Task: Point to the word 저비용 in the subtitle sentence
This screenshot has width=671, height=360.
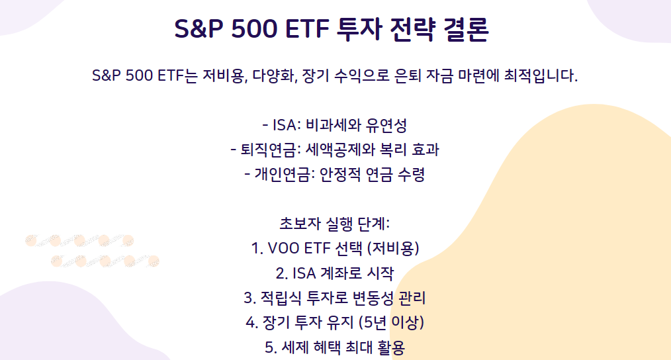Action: point(220,75)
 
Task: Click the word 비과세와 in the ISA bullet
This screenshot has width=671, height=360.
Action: point(336,125)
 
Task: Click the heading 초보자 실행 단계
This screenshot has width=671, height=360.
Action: point(335,224)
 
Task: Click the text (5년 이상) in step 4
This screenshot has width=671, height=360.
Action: point(390,322)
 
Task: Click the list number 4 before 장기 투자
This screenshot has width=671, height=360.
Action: point(250,322)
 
